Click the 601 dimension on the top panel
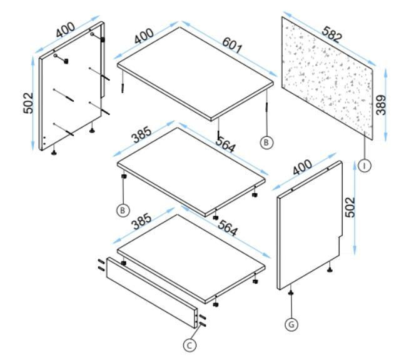[231, 45]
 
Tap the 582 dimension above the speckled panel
[331, 34]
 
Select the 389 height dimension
[381, 105]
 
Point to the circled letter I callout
[365, 166]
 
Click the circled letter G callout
[291, 324]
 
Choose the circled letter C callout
[190, 346]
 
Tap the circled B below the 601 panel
[266, 142]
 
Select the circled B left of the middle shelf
[123, 211]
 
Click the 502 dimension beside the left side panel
[28, 103]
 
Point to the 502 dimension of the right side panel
[350, 207]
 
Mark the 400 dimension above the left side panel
[66, 30]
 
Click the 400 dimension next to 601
[144, 36]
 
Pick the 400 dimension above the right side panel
[302, 167]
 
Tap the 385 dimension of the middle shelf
[141, 135]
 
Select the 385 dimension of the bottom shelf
[141, 222]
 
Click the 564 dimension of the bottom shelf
[228, 228]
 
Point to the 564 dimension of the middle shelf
[226, 144]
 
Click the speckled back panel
[328, 78]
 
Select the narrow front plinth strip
[152, 292]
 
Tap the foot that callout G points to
[291, 293]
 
